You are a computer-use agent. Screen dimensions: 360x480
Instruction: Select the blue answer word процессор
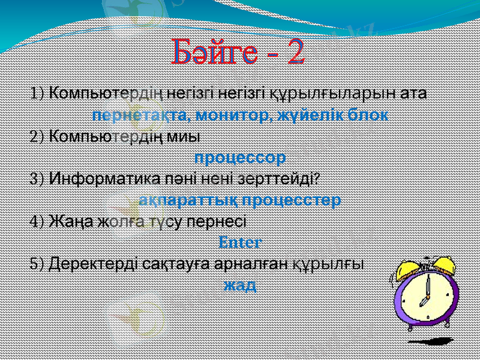(240, 158)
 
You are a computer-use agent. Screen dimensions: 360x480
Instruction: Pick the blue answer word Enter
(240, 243)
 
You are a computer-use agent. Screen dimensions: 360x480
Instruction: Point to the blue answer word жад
(240, 284)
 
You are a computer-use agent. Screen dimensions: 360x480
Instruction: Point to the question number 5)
(37, 263)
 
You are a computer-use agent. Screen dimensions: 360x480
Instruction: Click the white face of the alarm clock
(425, 293)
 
